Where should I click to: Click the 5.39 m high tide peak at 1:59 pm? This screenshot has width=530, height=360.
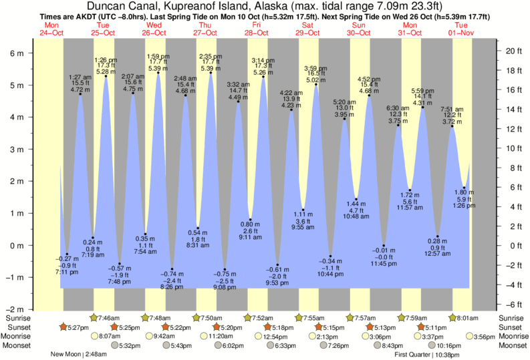point(158,72)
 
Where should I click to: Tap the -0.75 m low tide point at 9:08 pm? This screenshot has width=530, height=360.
point(225,270)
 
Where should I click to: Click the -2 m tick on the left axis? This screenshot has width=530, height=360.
point(17,310)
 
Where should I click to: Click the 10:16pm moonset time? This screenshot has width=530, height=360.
point(452,346)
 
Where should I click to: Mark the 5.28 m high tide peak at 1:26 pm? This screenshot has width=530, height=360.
point(106,75)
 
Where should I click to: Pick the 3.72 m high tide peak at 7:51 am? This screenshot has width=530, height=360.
point(452,126)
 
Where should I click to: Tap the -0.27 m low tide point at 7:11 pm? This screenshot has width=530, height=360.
point(67,254)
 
